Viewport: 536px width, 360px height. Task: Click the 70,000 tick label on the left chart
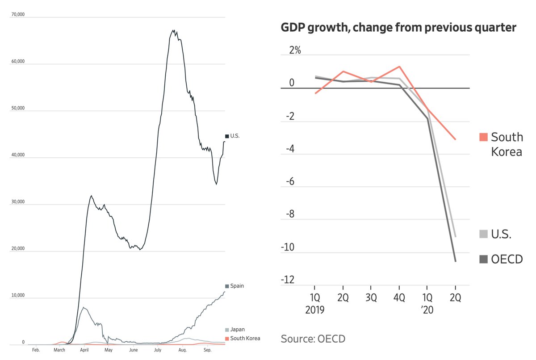17,15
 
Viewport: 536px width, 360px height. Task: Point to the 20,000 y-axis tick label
17,249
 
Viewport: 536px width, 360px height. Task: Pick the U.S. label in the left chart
235,136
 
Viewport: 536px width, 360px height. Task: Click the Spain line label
237,286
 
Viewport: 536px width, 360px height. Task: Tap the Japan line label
237,330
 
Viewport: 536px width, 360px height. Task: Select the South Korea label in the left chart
245,339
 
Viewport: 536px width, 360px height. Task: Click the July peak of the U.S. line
173,31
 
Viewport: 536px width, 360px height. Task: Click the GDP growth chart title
398,28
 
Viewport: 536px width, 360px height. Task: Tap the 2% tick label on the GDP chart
294,50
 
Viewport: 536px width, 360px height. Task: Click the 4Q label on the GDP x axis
399,298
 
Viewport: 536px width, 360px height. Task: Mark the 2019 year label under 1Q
315,310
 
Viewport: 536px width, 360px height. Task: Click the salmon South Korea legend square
483,137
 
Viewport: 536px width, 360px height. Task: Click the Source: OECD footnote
313,339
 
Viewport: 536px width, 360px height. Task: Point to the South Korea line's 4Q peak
399,67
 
